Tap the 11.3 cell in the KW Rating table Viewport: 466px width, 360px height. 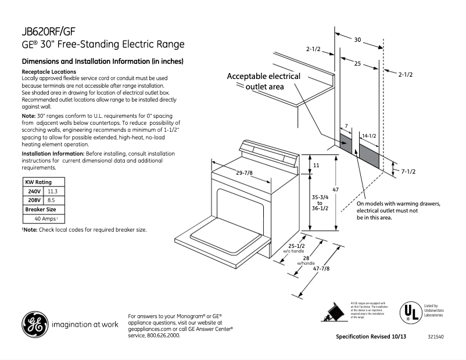(53, 191)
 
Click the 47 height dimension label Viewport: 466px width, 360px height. (335, 190)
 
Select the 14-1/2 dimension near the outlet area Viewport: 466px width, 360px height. (370, 135)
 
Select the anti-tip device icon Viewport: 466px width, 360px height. (333, 312)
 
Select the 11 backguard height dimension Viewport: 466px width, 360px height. (316, 165)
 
